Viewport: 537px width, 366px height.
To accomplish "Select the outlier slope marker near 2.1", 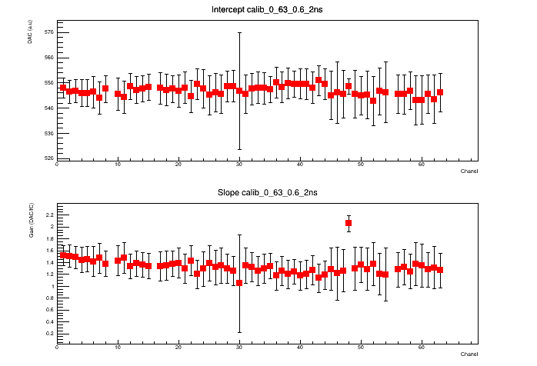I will click(x=349, y=223).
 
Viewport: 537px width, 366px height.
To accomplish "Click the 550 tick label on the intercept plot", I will click(x=48, y=83).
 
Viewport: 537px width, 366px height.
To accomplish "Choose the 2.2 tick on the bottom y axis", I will click(x=50, y=215).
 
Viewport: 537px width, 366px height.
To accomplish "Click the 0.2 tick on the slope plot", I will click(x=50, y=334).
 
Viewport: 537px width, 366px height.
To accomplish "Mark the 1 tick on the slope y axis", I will click(x=52, y=286).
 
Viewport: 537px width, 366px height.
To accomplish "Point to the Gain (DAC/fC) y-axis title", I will click(x=31, y=223).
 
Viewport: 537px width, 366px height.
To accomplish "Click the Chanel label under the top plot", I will click(x=469, y=171).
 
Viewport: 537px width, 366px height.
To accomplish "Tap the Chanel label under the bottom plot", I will click(x=469, y=354).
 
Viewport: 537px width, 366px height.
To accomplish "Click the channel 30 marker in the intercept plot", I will click(x=239, y=91).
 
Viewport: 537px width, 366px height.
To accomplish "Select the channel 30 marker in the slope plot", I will click(x=239, y=282).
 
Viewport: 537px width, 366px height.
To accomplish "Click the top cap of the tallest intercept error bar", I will click(x=239, y=32).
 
